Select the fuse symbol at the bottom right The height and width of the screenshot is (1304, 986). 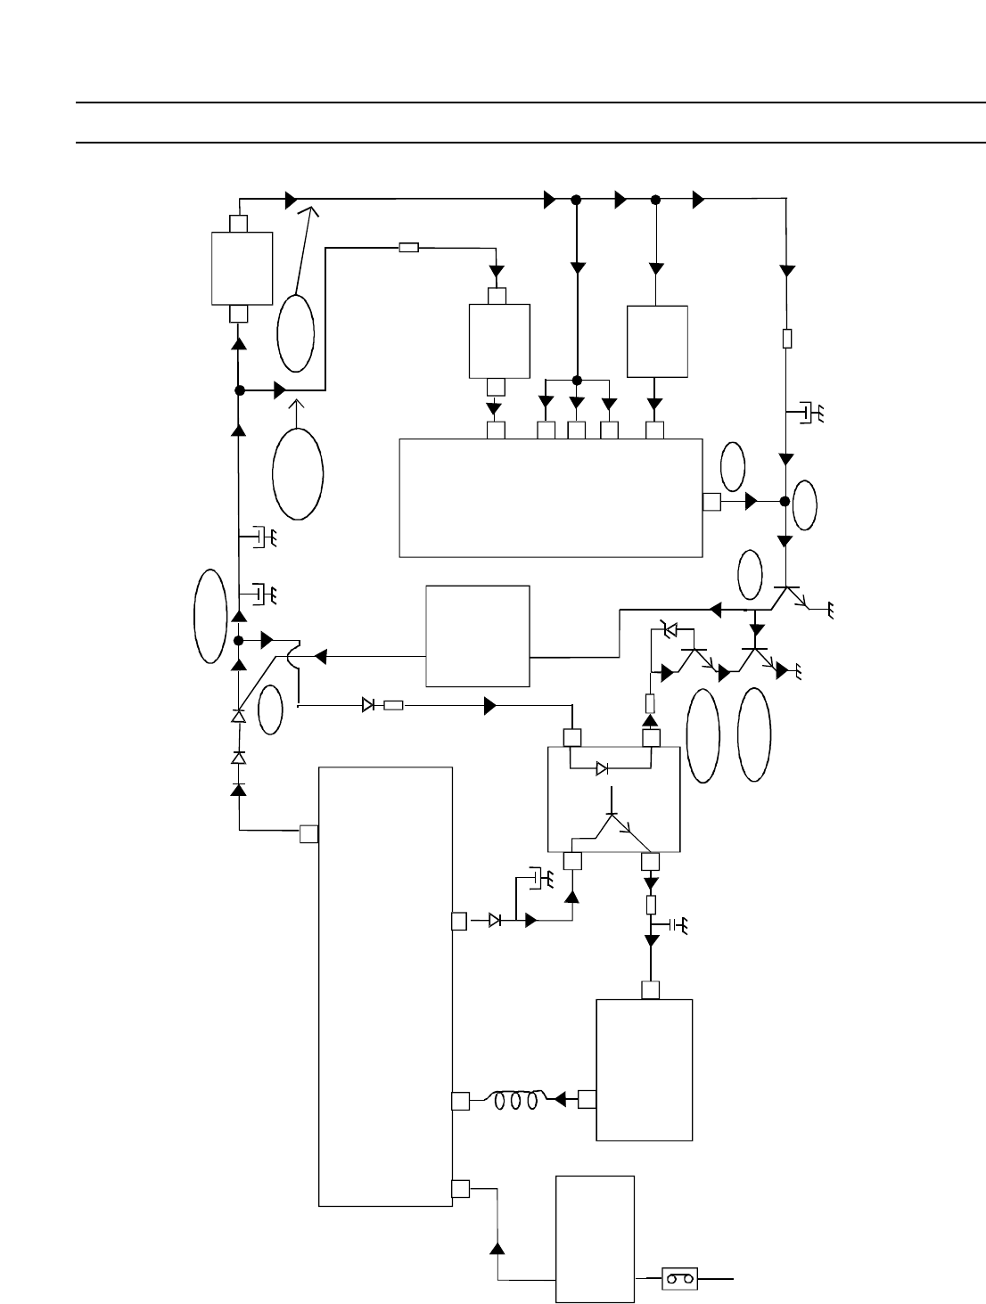coord(680,1279)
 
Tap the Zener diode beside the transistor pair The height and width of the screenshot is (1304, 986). coord(670,630)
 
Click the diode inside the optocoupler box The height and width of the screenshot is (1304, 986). coord(603,767)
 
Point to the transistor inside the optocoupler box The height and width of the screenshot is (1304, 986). coord(612,824)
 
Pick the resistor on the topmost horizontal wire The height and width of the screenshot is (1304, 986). coord(409,247)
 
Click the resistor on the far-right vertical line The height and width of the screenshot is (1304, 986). coord(786,339)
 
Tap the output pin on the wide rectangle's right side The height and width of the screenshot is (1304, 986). coord(711,502)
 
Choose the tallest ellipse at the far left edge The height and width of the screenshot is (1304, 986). coord(210,615)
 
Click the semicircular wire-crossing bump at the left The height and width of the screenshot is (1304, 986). coord(295,656)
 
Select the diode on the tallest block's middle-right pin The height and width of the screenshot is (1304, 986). coord(496,921)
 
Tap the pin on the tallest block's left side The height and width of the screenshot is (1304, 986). coord(309,833)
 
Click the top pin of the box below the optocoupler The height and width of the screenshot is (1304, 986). coord(651,990)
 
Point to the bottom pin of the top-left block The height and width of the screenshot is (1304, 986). coord(239,313)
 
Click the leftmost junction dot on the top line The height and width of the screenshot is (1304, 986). coord(576,199)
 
